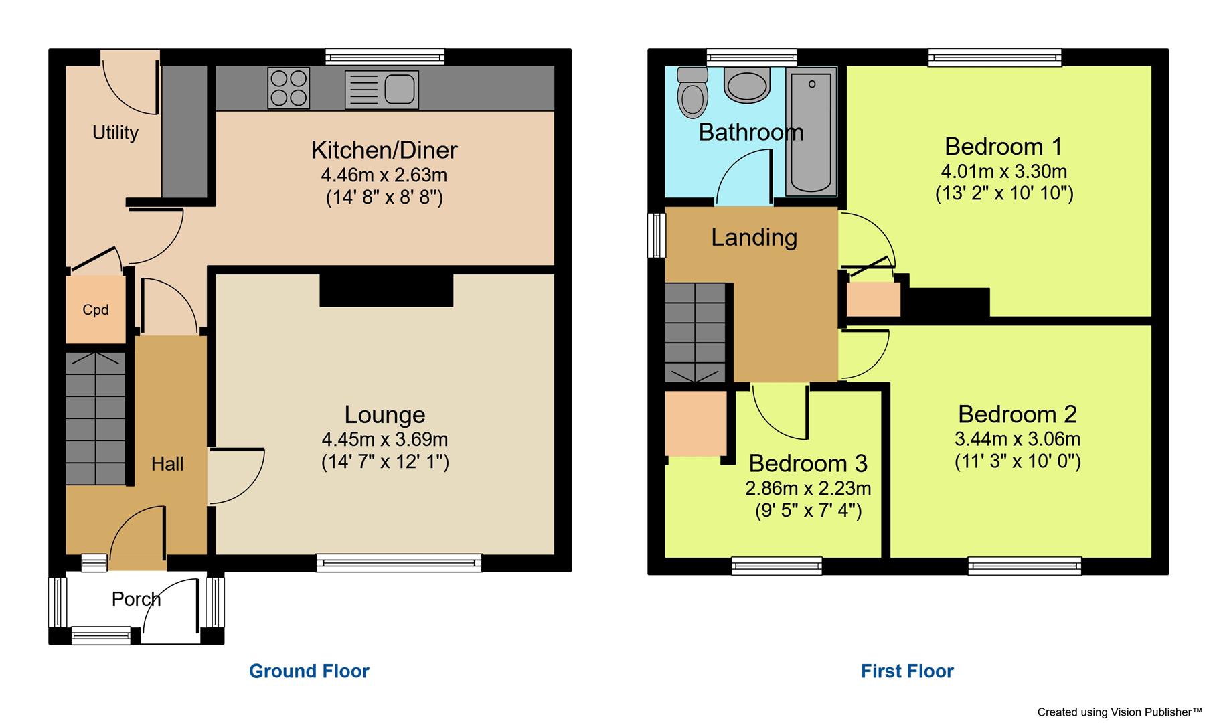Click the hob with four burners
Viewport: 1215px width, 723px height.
coord(289,88)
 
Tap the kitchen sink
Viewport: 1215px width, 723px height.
coord(382,90)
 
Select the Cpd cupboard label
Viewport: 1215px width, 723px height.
coord(96,310)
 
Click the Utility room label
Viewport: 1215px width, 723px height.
coord(115,133)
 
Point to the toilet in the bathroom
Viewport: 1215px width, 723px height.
coord(692,94)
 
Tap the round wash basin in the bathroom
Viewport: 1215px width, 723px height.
coord(747,87)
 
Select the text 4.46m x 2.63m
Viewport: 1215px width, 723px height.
coord(384,175)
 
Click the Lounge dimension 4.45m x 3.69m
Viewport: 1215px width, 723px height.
coord(384,440)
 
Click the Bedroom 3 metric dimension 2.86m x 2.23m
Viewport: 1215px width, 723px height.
coord(807,489)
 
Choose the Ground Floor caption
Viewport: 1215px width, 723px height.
coord(309,671)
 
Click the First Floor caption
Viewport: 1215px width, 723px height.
coord(906,671)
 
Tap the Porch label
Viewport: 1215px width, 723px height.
coord(136,599)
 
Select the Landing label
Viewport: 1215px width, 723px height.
coord(754,237)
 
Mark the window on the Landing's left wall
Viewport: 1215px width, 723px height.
coord(658,235)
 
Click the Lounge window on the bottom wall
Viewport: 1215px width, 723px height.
coord(399,563)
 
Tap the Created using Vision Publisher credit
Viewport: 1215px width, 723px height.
coord(1119,712)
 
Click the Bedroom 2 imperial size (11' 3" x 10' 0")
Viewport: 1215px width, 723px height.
coord(1017,462)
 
